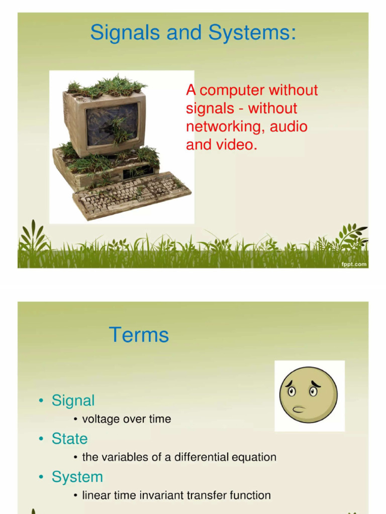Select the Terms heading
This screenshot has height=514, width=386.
pyautogui.click(x=139, y=335)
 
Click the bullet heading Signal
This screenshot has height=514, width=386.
pyautogui.click(x=73, y=401)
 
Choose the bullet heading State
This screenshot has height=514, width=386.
pyautogui.click(x=69, y=439)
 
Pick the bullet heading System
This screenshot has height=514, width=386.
pyautogui.click(x=77, y=477)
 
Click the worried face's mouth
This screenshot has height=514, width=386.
pyautogui.click(x=298, y=409)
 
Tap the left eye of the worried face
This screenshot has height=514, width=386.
pyautogui.click(x=292, y=391)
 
